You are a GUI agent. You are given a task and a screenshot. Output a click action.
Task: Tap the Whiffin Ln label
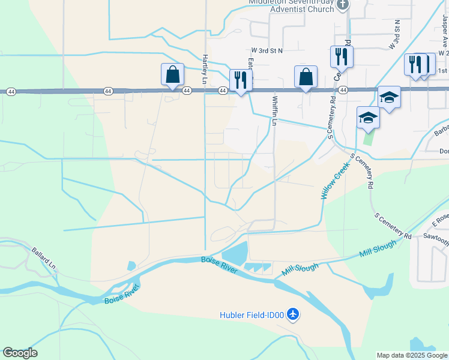(x=276, y=110)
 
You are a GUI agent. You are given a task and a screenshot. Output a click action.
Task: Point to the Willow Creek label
(x=334, y=184)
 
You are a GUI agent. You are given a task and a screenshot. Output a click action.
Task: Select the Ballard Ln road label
(x=44, y=257)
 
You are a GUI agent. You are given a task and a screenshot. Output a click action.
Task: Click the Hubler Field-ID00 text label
(x=252, y=314)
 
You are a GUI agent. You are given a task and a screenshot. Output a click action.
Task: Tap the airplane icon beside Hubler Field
(x=293, y=314)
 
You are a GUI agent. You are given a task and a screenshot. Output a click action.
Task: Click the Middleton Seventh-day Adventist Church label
(x=292, y=5)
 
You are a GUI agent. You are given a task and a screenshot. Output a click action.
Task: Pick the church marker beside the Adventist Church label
(x=343, y=5)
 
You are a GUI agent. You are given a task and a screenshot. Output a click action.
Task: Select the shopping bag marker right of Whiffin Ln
(x=306, y=77)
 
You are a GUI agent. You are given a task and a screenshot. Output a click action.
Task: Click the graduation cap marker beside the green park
(x=368, y=117)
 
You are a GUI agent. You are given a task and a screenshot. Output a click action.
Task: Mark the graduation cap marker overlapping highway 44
(x=389, y=97)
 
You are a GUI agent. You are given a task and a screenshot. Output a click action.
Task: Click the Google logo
(x=20, y=353)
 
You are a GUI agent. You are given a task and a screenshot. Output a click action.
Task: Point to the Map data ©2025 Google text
(x=412, y=355)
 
